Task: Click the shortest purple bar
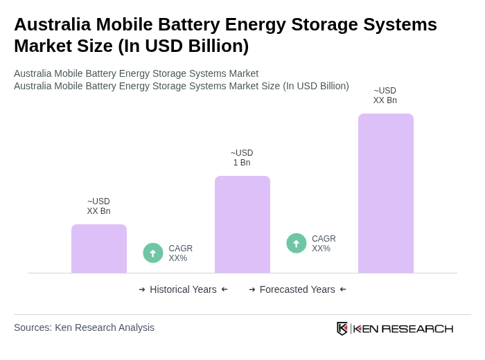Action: pos(99,249)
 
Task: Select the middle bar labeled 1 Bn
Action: pos(242,224)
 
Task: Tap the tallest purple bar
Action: pos(386,193)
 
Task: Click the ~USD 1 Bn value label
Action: pos(242,158)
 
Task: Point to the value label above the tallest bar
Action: pos(385,96)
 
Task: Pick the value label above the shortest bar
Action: pos(98,206)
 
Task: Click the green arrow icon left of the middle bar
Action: pos(153,253)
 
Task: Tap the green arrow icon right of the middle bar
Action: pos(297,244)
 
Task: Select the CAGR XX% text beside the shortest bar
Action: pos(180,253)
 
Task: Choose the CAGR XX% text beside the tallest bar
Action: pos(324,244)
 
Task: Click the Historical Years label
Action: pos(183,289)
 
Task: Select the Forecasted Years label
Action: pos(297,289)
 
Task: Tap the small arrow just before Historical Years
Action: pos(142,289)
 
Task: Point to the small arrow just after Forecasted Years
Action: pos(343,289)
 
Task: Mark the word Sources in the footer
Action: pos(33,327)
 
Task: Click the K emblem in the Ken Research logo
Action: pos(342,328)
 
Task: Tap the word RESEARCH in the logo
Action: pos(417,328)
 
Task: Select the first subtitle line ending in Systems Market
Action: pos(136,73)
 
